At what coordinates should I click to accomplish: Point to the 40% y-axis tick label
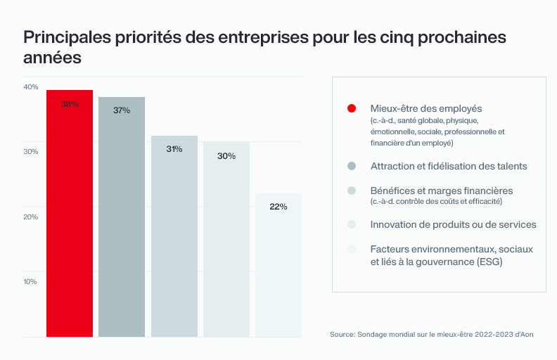[31, 87]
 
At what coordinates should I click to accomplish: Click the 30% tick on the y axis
[31, 152]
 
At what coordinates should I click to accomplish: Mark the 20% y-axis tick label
[31, 217]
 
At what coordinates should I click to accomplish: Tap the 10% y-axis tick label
[31, 282]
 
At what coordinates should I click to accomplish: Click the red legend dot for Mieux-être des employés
[352, 108]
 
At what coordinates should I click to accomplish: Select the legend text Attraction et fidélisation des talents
[449, 166]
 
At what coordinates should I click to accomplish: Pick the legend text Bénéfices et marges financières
[441, 191]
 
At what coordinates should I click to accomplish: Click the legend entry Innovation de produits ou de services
[453, 224]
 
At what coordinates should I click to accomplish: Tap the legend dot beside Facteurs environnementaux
[352, 249]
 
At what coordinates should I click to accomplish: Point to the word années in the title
[53, 58]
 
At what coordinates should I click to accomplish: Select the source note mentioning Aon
[431, 334]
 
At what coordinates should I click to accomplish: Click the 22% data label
[278, 207]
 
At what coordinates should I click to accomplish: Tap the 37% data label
[122, 110]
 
